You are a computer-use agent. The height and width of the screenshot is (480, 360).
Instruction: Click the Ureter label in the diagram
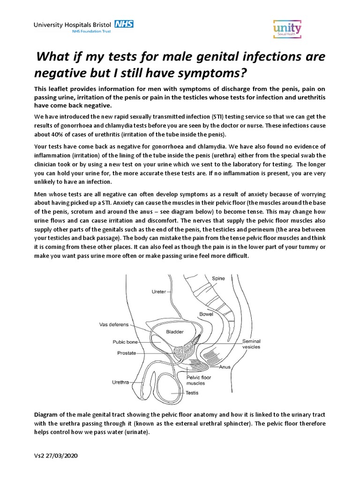[159, 292]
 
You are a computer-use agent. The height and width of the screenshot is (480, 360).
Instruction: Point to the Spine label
[218, 278]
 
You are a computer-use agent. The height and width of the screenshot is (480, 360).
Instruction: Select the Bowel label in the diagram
[206, 314]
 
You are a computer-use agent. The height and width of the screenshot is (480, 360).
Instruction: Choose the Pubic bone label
[125, 342]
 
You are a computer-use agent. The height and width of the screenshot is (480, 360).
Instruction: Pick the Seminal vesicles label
[251, 344]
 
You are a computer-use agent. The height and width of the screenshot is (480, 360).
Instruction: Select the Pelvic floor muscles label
[199, 380]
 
